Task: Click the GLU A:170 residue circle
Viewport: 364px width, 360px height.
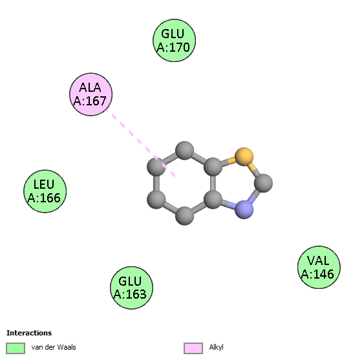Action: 174,40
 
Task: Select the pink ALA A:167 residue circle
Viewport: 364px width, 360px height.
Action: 91,94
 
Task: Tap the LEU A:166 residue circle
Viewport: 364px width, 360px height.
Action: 45,191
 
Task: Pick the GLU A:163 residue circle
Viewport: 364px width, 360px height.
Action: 131,288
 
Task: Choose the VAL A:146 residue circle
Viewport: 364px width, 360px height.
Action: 319,267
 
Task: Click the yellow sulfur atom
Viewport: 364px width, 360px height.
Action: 244,156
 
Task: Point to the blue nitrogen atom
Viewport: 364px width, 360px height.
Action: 244,209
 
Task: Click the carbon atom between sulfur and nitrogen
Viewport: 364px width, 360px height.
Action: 263,183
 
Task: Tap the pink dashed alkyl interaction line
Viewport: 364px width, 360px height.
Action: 141,143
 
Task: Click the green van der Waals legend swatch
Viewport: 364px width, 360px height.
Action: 16,348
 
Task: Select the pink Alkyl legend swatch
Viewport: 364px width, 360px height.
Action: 193,348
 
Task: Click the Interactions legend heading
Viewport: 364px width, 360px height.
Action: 29,333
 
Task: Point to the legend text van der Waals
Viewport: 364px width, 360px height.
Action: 54,347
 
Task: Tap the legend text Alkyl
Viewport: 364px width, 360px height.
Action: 216,347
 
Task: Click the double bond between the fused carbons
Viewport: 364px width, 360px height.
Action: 213,183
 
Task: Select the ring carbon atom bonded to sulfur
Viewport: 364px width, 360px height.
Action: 213,166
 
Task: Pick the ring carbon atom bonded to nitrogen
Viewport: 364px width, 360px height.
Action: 213,199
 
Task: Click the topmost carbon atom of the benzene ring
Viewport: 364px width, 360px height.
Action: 184,151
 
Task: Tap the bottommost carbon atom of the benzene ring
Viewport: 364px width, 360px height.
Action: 184,216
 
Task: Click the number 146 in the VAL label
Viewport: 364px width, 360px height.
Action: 324,274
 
